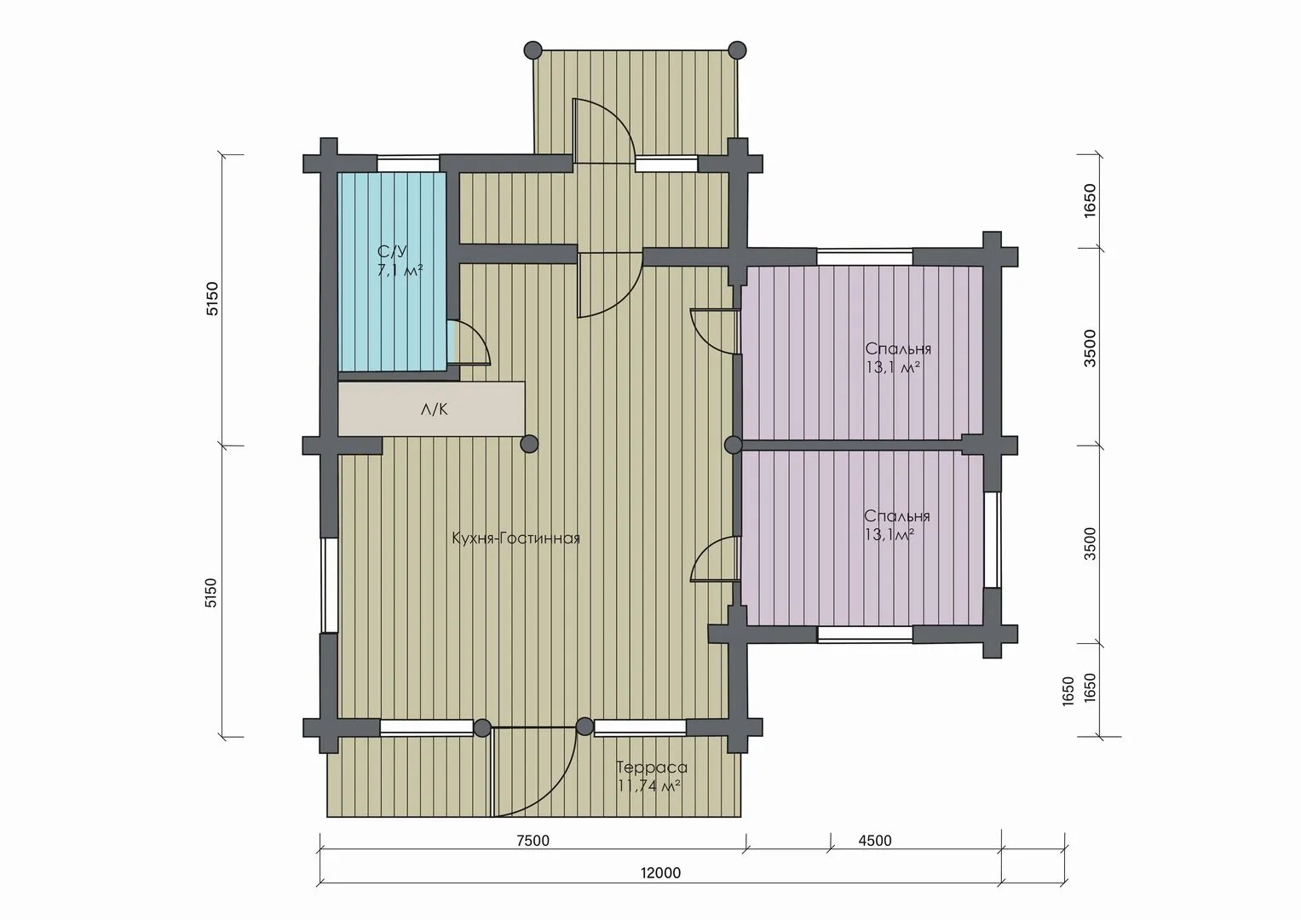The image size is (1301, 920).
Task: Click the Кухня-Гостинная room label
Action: [515, 538]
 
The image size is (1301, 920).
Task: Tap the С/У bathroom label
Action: [393, 252]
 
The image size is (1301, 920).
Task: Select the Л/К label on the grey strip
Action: [435, 410]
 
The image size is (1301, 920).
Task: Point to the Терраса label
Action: [652, 768]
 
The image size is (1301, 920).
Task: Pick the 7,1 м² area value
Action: [400, 270]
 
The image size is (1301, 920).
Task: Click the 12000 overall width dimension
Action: [661, 873]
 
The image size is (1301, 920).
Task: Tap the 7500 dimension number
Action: [532, 841]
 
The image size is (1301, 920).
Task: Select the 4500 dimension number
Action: [875, 841]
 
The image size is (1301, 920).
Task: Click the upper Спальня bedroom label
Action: [898, 349]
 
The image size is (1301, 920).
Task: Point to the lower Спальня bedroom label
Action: [897, 515]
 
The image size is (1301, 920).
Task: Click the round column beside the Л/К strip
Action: [529, 445]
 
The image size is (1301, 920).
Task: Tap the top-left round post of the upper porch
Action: [533, 50]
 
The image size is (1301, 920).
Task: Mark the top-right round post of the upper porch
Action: [737, 50]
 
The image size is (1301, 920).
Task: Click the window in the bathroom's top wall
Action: [408, 164]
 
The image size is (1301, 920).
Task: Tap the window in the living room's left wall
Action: [330, 584]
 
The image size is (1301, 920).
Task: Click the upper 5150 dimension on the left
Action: [213, 298]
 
